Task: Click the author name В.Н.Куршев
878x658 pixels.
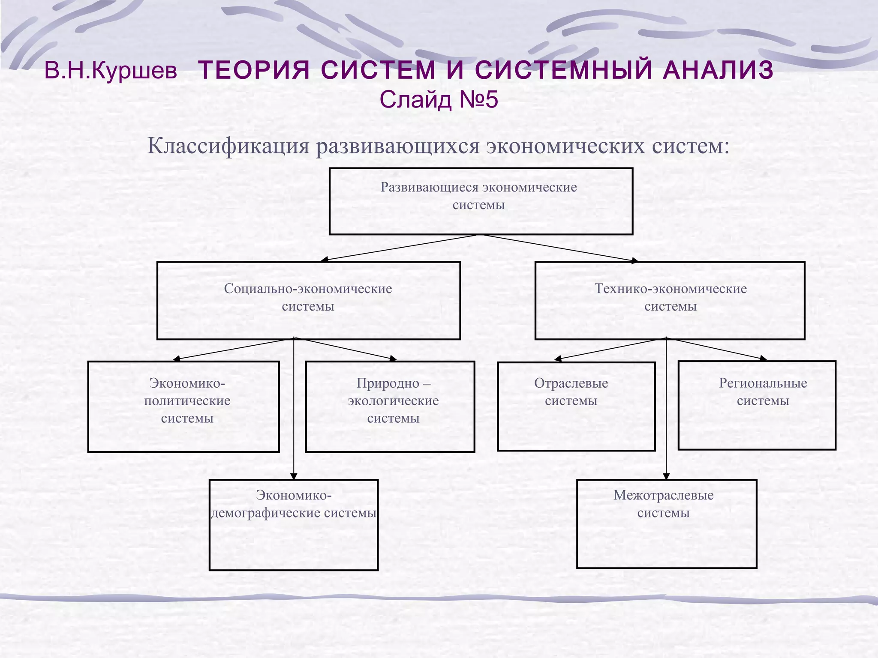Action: click(x=111, y=71)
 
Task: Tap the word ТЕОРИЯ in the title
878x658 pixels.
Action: click(x=254, y=70)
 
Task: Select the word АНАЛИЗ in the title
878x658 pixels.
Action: click(x=718, y=70)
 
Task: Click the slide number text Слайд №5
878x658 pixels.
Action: click(x=439, y=100)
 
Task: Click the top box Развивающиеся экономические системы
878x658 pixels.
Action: click(x=481, y=201)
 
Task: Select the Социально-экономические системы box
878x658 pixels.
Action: click(x=308, y=300)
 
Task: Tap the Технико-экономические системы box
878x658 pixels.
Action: click(x=670, y=300)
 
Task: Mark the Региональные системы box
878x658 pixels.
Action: click(x=757, y=405)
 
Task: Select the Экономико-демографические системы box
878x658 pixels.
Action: click(x=294, y=524)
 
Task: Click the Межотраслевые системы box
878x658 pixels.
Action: click(x=667, y=523)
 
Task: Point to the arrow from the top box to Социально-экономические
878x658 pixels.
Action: click(x=399, y=248)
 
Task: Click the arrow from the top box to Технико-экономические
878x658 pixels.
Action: click(x=559, y=248)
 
